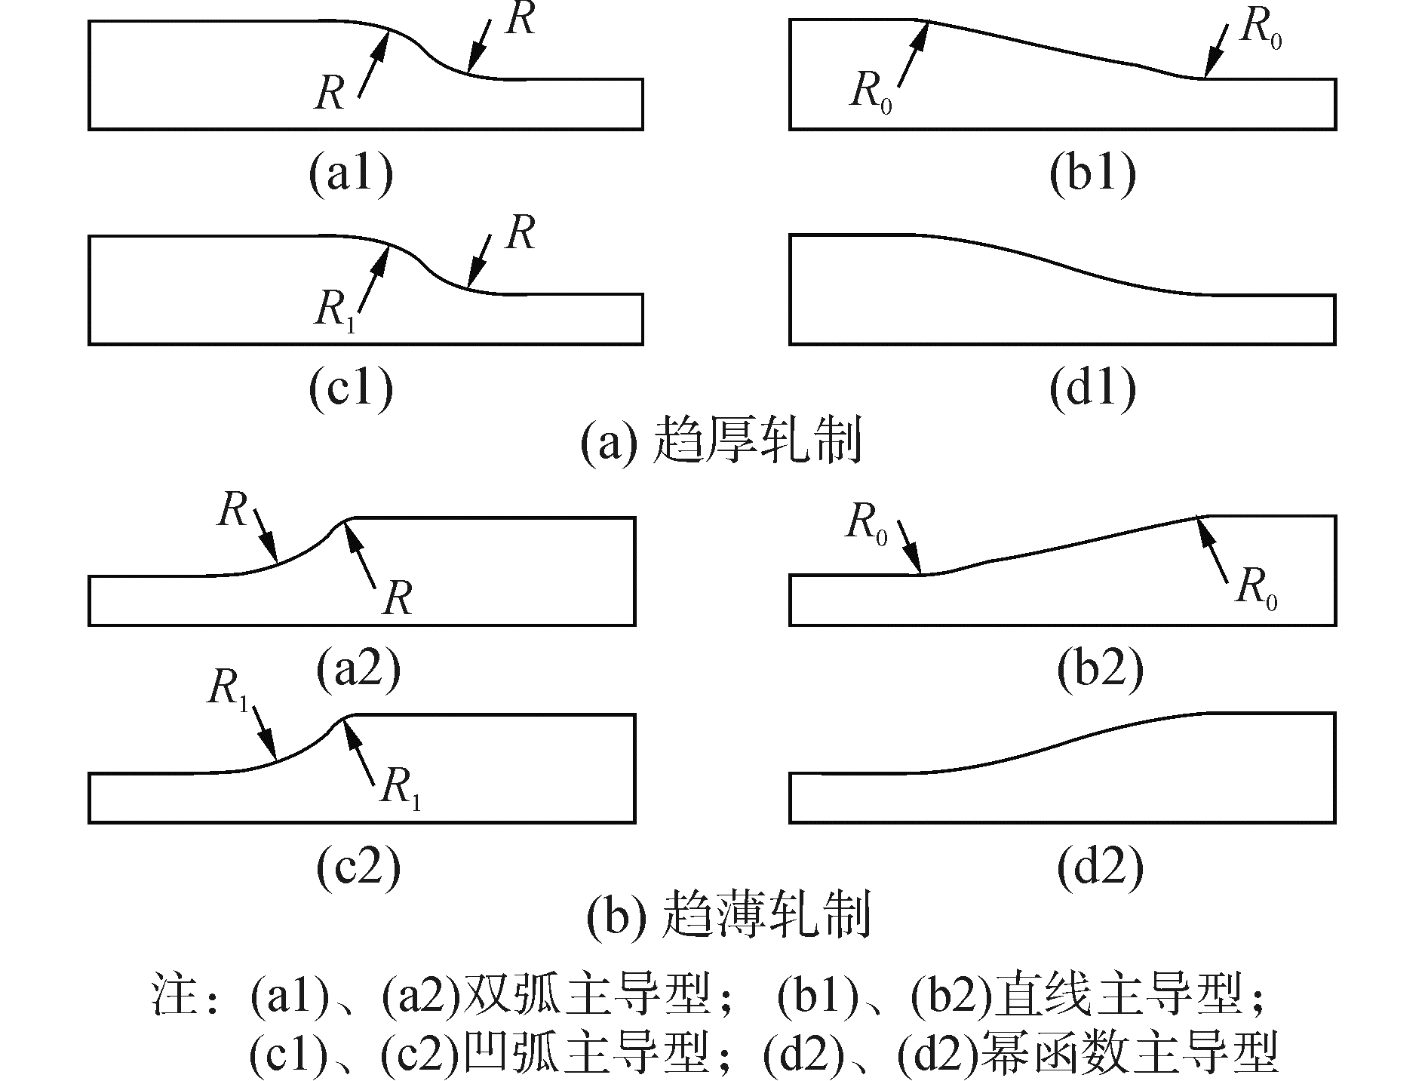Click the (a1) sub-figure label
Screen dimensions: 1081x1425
tap(351, 175)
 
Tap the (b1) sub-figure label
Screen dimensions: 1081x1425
tap(1092, 175)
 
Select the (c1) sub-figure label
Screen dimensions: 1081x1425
tap(351, 390)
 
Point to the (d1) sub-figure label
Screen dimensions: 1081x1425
tap(1092, 390)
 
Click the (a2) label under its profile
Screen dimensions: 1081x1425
tap(358, 670)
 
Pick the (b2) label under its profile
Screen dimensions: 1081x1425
tap(1100, 670)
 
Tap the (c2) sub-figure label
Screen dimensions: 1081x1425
tap(358, 868)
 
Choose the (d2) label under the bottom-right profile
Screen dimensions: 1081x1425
tap(1100, 868)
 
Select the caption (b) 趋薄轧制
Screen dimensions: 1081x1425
tap(728, 914)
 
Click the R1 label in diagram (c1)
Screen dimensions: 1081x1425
tap(333, 311)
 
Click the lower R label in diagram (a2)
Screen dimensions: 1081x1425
tap(398, 600)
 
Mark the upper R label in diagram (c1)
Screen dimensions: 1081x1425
tap(521, 232)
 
